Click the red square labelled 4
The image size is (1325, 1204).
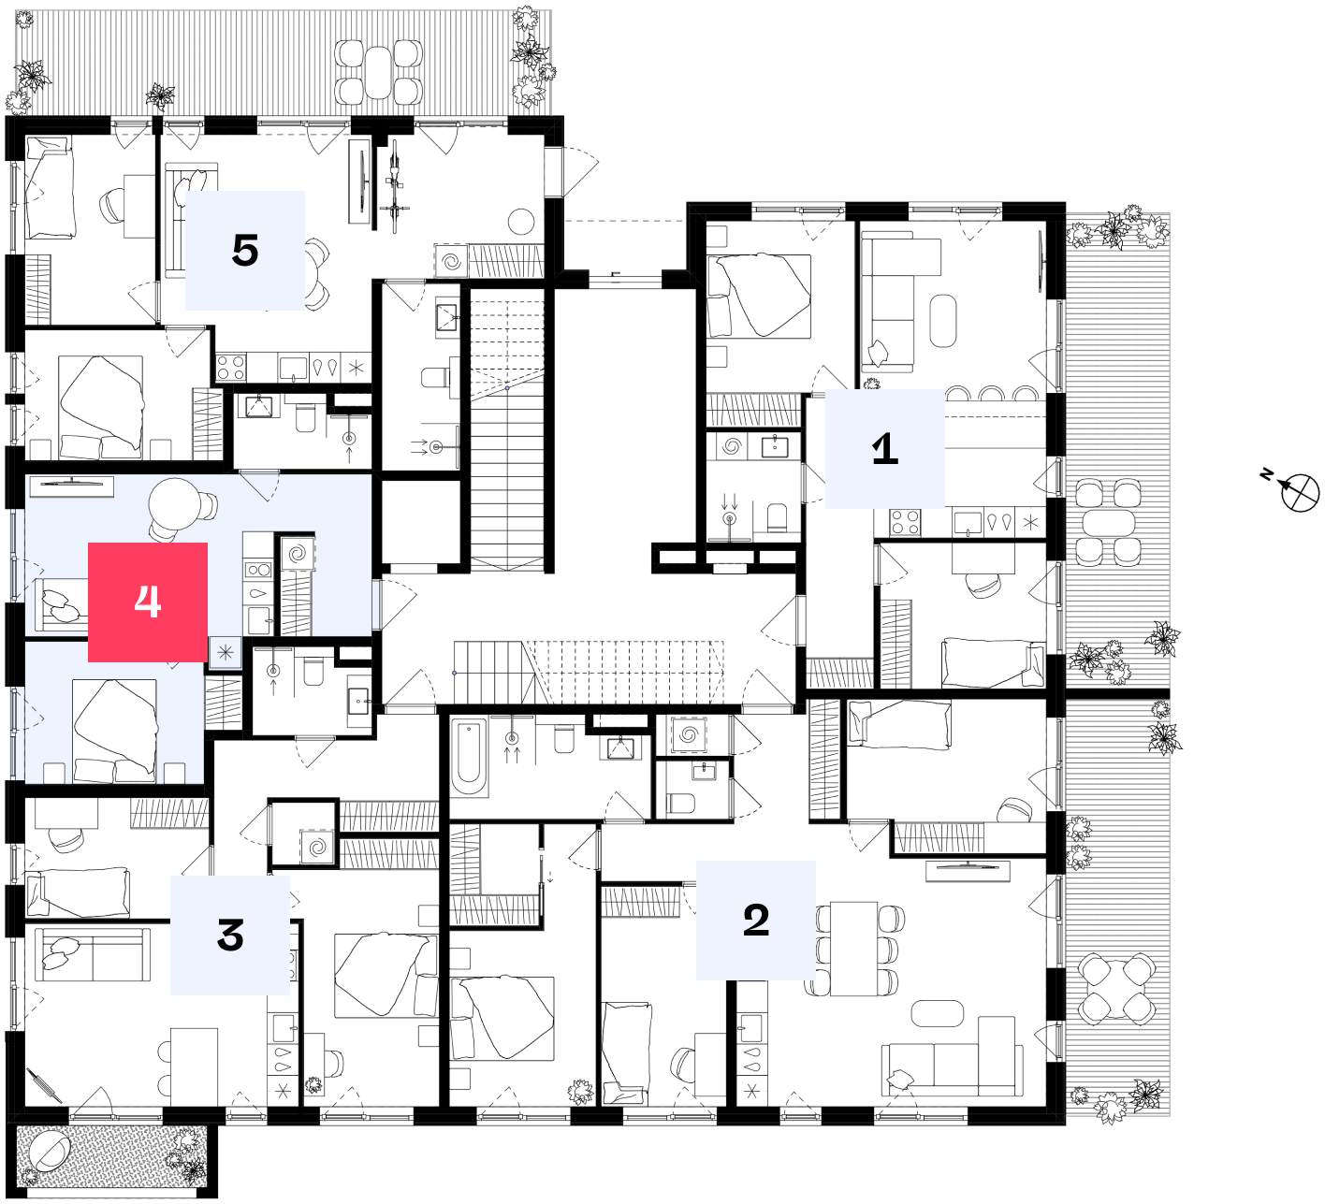[147, 602]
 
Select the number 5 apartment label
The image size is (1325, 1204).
[244, 251]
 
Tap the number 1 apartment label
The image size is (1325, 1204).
[884, 448]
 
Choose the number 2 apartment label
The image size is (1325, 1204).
[756, 920]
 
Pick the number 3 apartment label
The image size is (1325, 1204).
[230, 936]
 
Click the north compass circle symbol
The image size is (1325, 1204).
[1300, 493]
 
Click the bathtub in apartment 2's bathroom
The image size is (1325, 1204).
[469, 757]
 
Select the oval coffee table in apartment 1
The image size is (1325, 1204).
[942, 320]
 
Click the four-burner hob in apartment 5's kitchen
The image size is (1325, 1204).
[230, 368]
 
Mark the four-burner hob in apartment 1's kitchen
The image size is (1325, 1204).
[905, 522]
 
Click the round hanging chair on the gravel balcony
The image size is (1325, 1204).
[50, 1152]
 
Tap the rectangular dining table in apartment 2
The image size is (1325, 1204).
[854, 949]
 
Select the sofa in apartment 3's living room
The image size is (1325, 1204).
[93, 954]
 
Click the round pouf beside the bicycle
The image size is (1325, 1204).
[521, 222]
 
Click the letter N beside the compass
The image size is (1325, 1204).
[1266, 473]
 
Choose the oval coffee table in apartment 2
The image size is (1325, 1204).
[937, 1013]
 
